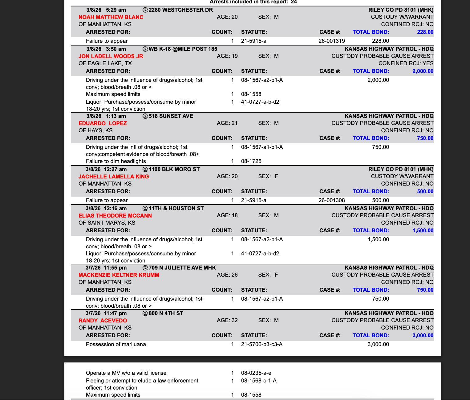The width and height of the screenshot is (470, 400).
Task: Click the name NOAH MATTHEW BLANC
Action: (111, 17)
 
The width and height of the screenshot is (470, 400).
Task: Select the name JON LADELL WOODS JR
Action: (111, 56)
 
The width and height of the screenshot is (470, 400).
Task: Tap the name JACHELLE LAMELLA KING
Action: (114, 177)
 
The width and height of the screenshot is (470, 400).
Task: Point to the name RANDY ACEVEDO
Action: (103, 321)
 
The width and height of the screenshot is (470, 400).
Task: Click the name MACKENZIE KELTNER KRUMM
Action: (119, 275)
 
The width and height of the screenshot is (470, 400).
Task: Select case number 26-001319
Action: (332, 41)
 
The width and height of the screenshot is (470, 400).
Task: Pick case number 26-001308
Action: (332, 200)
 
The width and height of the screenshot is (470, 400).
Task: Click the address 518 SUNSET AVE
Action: (171, 116)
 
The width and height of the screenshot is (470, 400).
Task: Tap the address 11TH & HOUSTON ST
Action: (176, 208)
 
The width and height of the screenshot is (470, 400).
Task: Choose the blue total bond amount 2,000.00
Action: (423, 71)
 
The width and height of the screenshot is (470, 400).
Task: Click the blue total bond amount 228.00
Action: (425, 32)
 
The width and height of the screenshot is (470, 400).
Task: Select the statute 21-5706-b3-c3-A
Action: (262, 344)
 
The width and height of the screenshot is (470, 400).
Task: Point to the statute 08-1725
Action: (251, 161)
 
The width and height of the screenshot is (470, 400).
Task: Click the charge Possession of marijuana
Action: (116, 344)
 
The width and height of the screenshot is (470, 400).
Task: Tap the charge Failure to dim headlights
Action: (116, 161)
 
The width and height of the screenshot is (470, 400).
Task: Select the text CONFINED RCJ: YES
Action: (406, 63)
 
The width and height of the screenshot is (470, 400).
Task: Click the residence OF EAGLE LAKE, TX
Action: (105, 63)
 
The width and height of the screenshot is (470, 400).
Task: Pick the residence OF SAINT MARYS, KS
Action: (107, 223)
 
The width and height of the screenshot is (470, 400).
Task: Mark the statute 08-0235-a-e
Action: (256, 373)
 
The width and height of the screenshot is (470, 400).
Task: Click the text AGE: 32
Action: (227, 320)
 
